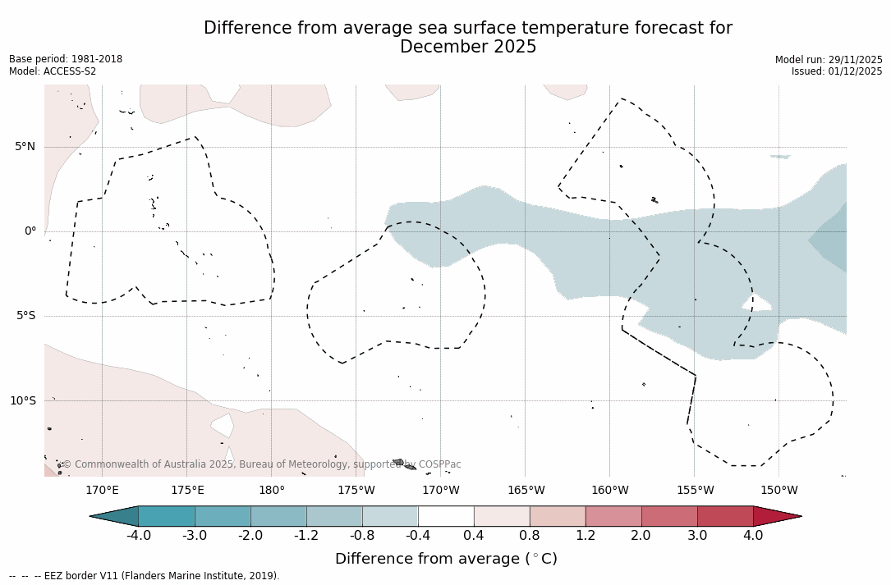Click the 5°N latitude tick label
point(25,147)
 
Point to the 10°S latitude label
point(22,401)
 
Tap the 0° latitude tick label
point(30,231)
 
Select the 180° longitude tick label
point(272,491)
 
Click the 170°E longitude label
point(102,491)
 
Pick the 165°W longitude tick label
point(526,491)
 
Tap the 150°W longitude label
point(778,491)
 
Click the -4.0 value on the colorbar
point(138,536)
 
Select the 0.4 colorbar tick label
point(474,536)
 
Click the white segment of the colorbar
point(446,516)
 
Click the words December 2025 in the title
point(468,48)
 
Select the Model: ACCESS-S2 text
point(53,71)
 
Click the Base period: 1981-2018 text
point(66,59)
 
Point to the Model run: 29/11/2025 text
point(829,60)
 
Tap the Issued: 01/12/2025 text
point(837,71)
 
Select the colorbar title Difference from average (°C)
point(446,559)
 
